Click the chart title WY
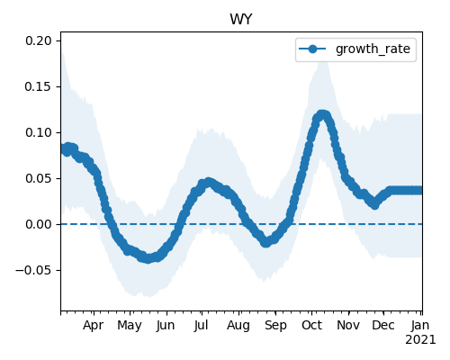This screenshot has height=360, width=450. pos(241,20)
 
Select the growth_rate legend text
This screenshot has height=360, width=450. pos(373,49)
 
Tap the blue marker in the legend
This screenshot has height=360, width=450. pos(312,49)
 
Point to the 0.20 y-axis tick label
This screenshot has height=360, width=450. pos(39,40)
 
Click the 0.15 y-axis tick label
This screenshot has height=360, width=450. pos(39,86)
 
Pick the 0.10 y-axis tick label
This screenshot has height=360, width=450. pos(39,132)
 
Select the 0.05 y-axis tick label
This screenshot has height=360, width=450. pos(39,178)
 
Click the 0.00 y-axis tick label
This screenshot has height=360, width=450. pos(39,224)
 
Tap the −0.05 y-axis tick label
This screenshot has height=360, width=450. pos(33,270)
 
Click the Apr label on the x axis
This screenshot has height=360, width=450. pos(94,326)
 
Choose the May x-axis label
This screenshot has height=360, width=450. pos(130,326)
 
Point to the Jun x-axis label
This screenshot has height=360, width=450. pos(166,326)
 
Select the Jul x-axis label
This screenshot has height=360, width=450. pos(201,326)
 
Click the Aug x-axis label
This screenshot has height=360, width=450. pos(238,326)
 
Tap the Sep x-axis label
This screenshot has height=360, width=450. pos(275,326)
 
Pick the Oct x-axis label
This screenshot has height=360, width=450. pos(312,326)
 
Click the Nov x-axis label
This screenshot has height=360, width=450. pos(348,326)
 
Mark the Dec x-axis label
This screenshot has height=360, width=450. pos(383,326)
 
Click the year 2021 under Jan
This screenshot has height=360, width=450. pos(420,340)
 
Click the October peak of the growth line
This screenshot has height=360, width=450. pos(322,114)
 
